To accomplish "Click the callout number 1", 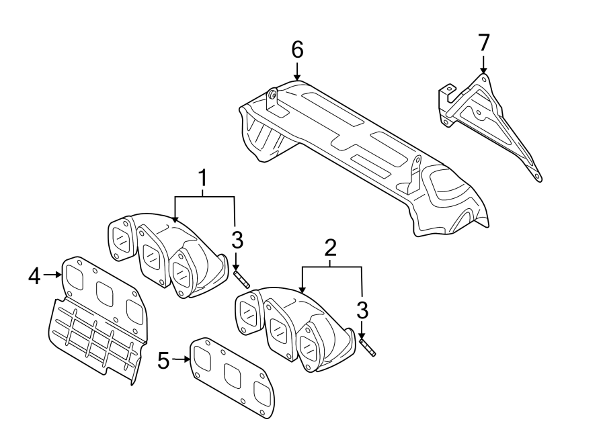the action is [202, 179].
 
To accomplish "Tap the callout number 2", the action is [331, 249].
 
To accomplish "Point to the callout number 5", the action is [163, 360].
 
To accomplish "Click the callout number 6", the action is [297, 50].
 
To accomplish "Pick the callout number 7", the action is [484, 42].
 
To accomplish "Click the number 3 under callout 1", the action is [238, 240].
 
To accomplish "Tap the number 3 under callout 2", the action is [362, 310].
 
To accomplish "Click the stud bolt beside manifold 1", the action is [242, 279].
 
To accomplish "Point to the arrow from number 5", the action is [182, 359].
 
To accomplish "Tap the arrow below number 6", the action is [297, 71].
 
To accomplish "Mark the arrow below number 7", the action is [483, 64].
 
